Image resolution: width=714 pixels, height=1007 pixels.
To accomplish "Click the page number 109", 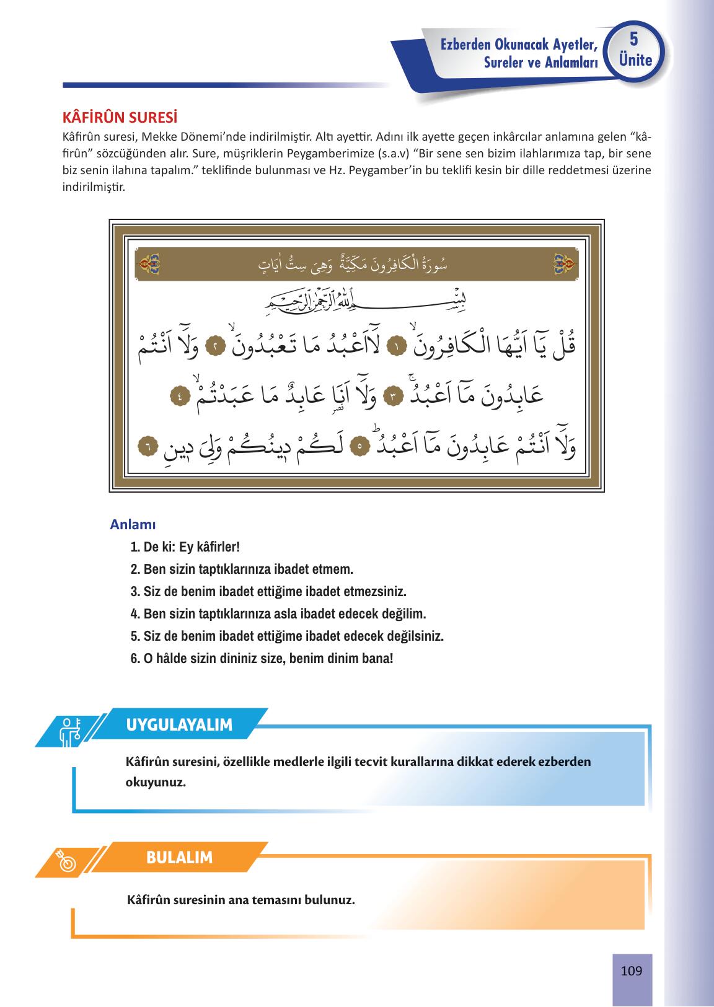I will click(x=631, y=971).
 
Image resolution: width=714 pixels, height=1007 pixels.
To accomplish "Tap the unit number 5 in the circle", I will click(x=633, y=40).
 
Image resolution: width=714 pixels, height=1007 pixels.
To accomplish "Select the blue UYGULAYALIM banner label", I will click(x=179, y=724).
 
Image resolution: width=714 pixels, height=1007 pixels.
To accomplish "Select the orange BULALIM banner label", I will click(x=179, y=858).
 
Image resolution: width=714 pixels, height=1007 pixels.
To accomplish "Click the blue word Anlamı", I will click(x=133, y=524).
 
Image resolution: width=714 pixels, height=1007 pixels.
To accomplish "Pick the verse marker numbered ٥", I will click(x=359, y=446).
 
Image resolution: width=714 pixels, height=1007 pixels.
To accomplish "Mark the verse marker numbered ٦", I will click(x=148, y=446).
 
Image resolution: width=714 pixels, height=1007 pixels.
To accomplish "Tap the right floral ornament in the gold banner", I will click(x=565, y=265).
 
